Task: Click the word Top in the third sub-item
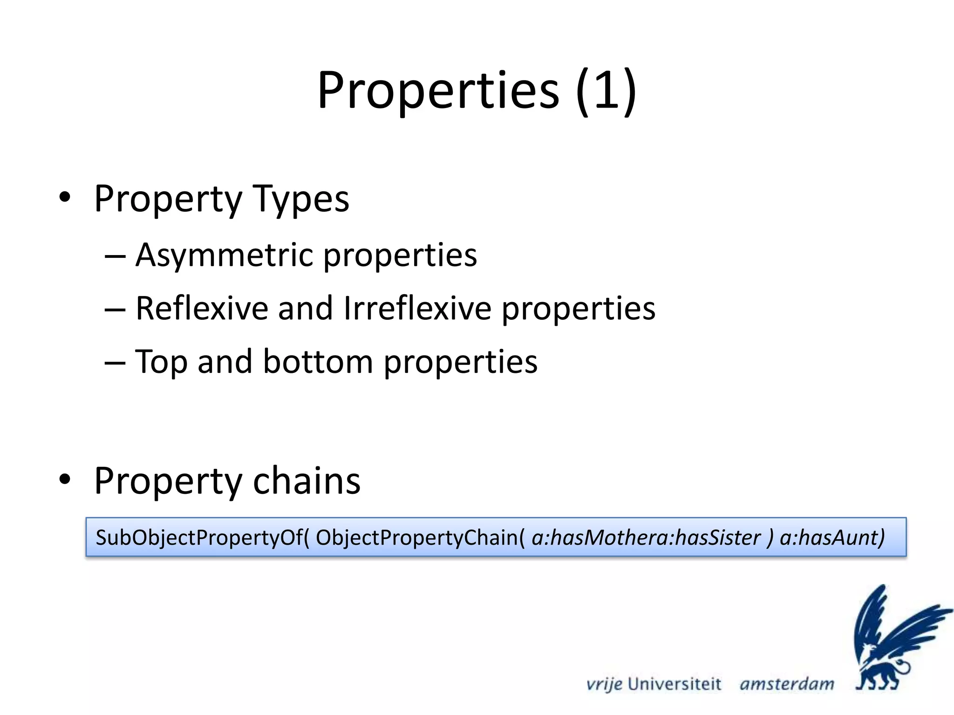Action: (x=161, y=362)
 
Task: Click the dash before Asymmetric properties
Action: (x=115, y=256)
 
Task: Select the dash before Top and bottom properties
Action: (x=115, y=362)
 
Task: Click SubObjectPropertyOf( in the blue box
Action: (x=202, y=537)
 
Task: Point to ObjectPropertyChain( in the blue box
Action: (x=420, y=537)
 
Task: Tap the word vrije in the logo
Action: (x=604, y=684)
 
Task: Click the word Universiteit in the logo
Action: (x=674, y=684)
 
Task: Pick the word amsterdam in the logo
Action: (x=787, y=684)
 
